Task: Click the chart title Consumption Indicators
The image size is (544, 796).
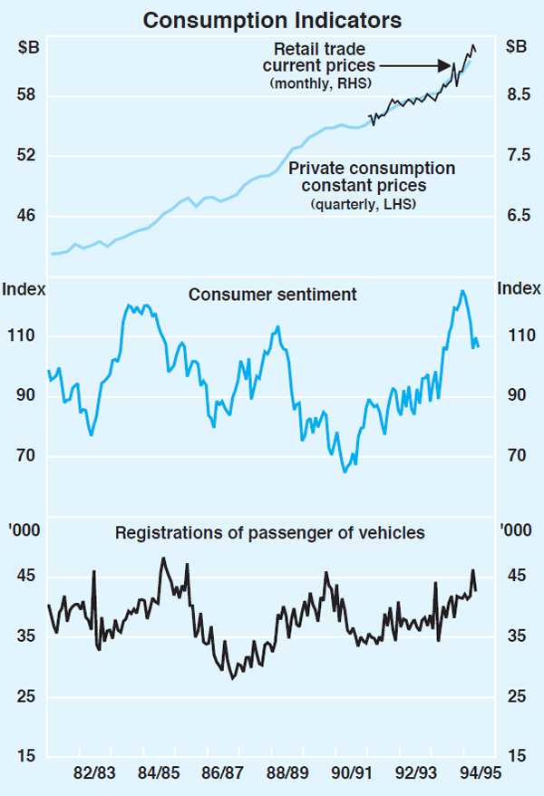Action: pyautogui.click(x=272, y=18)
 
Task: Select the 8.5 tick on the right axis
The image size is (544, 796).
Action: pyautogui.click(x=518, y=95)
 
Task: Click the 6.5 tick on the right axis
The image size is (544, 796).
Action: pyautogui.click(x=518, y=216)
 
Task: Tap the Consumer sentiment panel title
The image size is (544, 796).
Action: pyautogui.click(x=272, y=295)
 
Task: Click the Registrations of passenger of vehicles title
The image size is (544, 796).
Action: pyautogui.click(x=270, y=533)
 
